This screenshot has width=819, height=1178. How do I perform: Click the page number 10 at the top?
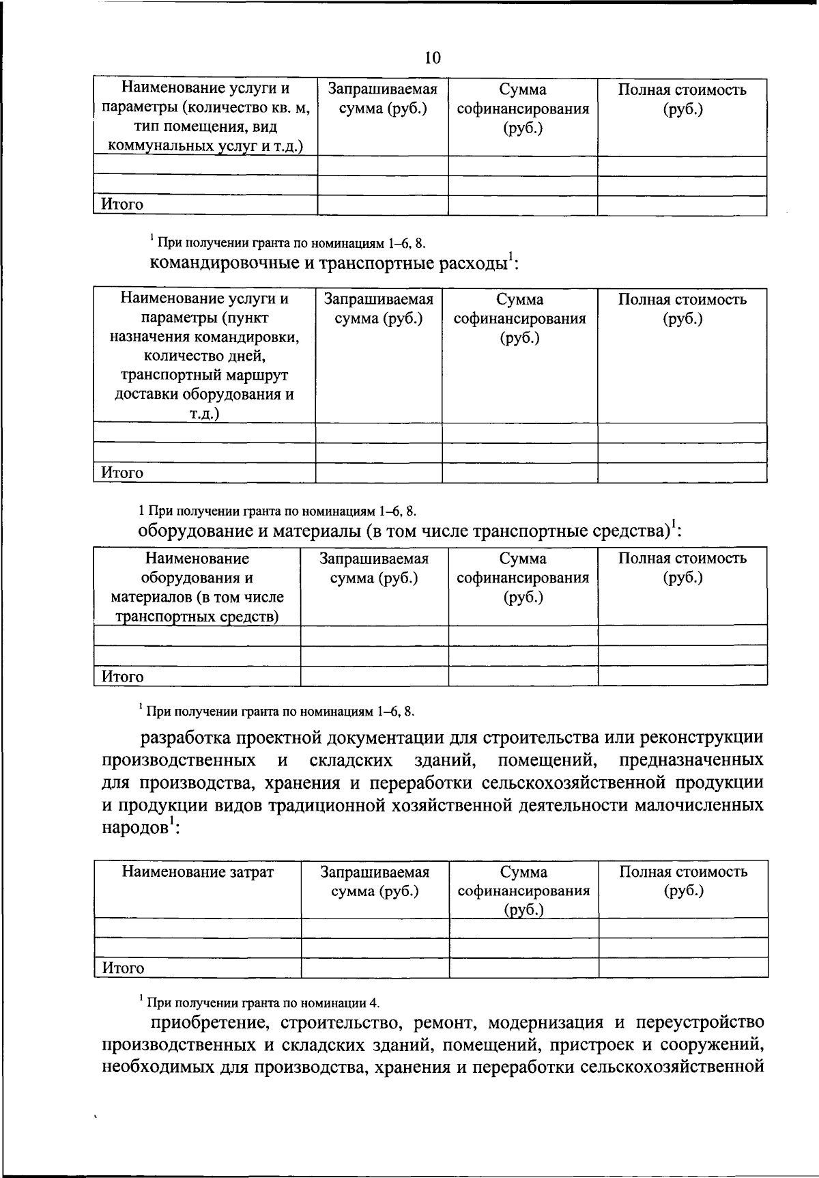click(x=433, y=58)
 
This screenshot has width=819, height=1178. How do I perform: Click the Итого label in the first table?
click(x=123, y=204)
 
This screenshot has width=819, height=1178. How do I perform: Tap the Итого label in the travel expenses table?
click(x=123, y=473)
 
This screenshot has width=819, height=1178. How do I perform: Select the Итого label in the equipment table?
click(x=123, y=677)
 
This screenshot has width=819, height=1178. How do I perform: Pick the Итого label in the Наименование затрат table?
click(x=124, y=968)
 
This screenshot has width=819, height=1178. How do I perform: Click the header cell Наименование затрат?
click(x=198, y=872)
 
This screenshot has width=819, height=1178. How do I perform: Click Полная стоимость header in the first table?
click(x=682, y=100)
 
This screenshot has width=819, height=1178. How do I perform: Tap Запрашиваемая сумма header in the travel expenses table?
click(x=378, y=309)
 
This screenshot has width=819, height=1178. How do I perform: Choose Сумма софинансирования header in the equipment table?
click(x=522, y=578)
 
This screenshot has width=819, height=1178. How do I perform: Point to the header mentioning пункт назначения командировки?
click(x=204, y=356)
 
